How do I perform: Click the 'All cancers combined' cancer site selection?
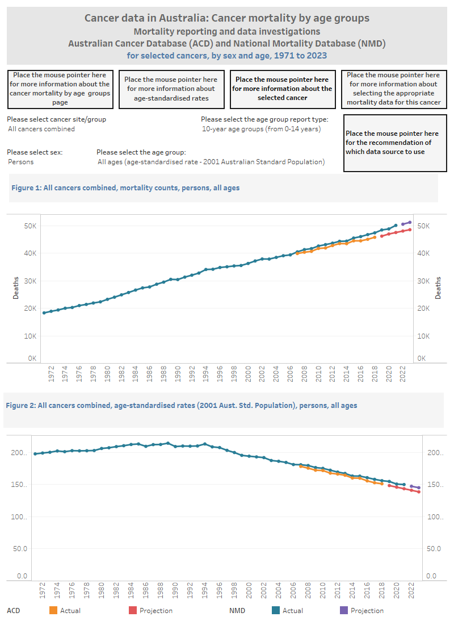41,129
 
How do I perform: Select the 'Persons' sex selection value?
21,162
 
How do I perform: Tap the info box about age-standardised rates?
171,89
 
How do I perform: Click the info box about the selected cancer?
282,89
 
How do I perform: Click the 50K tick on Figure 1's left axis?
30,226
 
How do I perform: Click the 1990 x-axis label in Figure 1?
178,373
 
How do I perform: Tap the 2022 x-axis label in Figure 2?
411,590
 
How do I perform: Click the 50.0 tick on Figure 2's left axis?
21,549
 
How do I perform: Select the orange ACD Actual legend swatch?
53,610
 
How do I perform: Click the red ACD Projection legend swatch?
133,610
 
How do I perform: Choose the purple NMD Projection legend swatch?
343,610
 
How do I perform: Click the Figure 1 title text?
125,188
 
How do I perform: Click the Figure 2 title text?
181,406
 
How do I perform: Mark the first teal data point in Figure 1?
44,313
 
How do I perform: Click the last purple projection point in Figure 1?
410,222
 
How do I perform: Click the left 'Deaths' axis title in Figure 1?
16,287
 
